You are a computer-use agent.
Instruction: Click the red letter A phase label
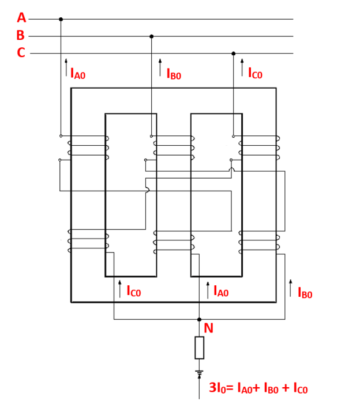tap(21, 17)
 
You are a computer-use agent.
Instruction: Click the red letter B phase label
tap(21, 35)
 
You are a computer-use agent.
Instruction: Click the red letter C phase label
tap(21, 53)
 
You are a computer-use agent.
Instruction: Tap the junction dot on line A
tap(61, 19)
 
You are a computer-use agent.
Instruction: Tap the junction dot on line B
tap(152, 36)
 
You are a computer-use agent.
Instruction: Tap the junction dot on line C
tap(234, 54)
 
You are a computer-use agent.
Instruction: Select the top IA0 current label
tap(78, 73)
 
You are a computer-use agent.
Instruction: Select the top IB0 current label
tap(174, 74)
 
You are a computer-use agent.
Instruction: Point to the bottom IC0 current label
tap(133, 292)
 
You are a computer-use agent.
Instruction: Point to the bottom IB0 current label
tap(305, 293)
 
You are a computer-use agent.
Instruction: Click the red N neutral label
tap(209, 328)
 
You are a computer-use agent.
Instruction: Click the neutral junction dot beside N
tap(199, 319)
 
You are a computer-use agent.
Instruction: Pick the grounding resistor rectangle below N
tap(199, 348)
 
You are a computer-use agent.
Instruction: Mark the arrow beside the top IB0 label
tap(160, 67)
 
